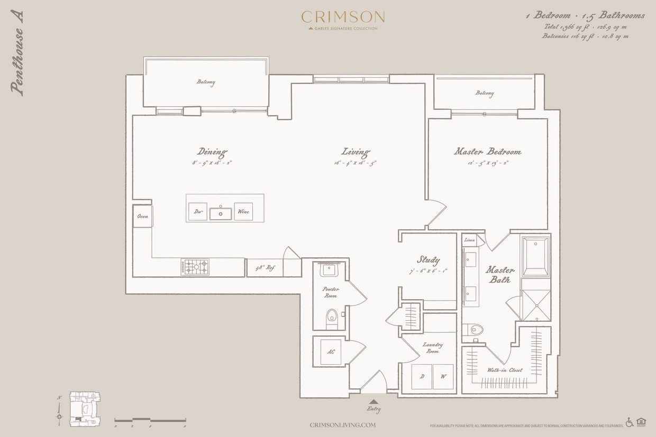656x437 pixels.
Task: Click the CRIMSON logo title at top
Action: click(x=343, y=17)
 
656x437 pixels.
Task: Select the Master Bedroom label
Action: click(x=487, y=152)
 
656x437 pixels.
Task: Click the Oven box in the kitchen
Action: click(x=142, y=217)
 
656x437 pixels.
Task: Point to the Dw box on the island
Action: click(x=197, y=211)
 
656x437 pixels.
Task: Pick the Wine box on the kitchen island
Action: click(x=243, y=211)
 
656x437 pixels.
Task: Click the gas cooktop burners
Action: click(x=195, y=267)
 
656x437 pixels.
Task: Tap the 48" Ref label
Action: click(x=265, y=268)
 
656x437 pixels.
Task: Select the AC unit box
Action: click(x=331, y=352)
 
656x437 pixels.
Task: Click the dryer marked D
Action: click(x=422, y=377)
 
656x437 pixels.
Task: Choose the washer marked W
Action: click(x=443, y=377)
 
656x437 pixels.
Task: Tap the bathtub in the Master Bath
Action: click(x=535, y=256)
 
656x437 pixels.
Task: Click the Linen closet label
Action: click(x=469, y=240)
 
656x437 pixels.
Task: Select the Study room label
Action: click(x=428, y=259)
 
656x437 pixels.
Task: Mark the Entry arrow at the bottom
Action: click(x=373, y=402)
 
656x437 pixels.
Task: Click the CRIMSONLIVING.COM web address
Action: click(x=343, y=425)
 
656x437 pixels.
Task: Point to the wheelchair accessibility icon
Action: click(x=630, y=422)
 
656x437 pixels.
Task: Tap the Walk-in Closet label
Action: click(x=505, y=370)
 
